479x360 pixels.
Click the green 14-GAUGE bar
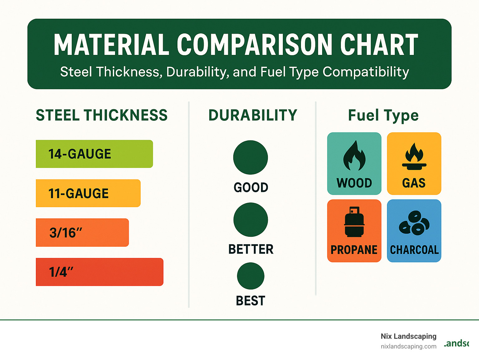(94, 154)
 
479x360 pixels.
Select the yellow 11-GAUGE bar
(88, 193)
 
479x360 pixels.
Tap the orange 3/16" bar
(82, 232)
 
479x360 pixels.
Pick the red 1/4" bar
(99, 272)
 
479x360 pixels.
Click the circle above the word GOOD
(250, 158)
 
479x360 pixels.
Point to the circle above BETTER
(250, 220)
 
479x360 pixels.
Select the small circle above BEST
(250, 276)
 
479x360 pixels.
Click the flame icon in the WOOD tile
(354, 156)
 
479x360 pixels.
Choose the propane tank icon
(354, 222)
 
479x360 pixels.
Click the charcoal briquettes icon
(414, 222)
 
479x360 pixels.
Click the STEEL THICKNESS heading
(102, 115)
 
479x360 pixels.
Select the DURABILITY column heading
(253, 115)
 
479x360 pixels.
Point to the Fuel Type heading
(383, 115)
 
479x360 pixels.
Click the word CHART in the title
(379, 45)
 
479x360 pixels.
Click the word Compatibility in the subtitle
(365, 72)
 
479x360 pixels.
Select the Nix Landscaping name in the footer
(408, 336)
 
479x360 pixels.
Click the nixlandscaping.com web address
(408, 346)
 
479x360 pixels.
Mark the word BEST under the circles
(250, 301)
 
